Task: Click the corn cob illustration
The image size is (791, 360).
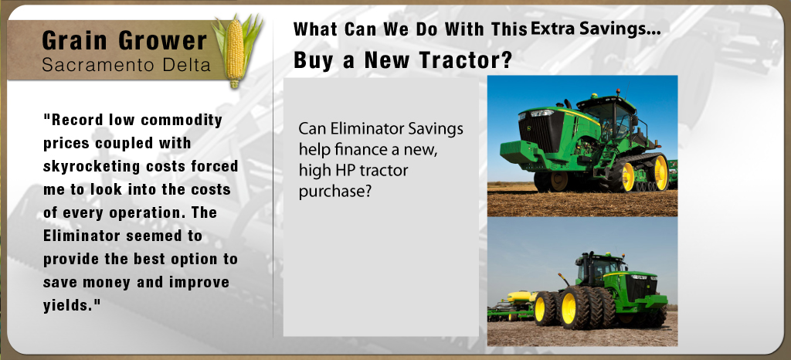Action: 235,50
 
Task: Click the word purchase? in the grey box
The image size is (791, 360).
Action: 334,192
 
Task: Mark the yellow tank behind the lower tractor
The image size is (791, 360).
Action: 521,297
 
